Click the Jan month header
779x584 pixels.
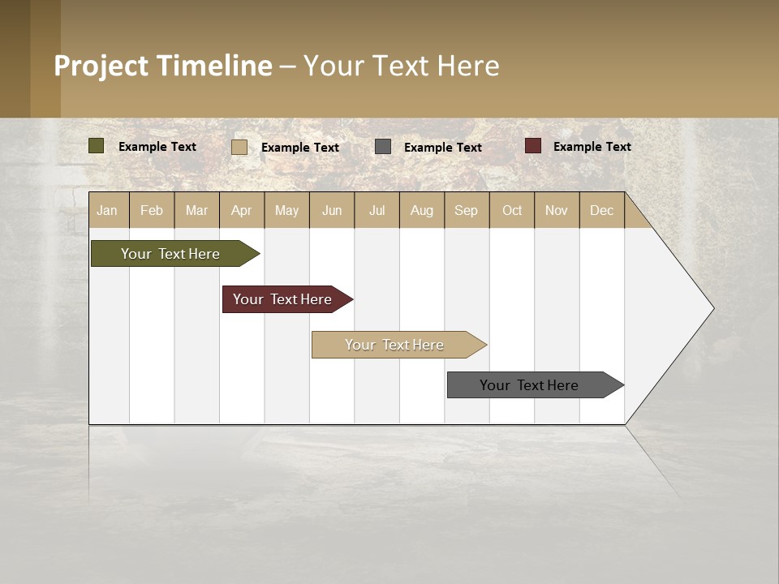pos(107,210)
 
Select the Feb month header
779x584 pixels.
pos(152,210)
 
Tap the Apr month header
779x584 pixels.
pos(241,210)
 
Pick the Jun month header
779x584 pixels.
pos(332,210)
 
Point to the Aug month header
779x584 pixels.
pos(421,210)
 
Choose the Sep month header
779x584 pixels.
pos(466,210)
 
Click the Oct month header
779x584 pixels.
pos(512,210)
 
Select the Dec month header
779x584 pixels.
pos(601,210)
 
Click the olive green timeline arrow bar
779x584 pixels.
pos(170,254)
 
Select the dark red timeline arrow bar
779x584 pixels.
pos(282,299)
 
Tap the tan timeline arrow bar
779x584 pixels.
pos(394,345)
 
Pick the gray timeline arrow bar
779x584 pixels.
pos(529,385)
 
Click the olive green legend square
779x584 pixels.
pos(97,146)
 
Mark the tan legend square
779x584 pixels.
pos(239,147)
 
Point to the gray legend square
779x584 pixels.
pos(383,147)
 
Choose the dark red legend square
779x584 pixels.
pos(533,146)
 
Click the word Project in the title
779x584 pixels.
pos(101,66)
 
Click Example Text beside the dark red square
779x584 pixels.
pos(592,147)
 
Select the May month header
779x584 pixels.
pos(286,210)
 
